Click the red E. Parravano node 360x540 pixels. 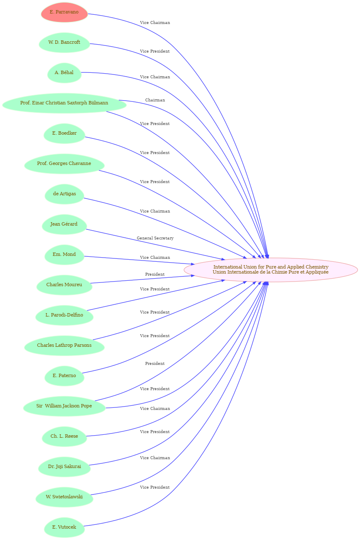click(64, 12)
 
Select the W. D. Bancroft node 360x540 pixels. click(64, 43)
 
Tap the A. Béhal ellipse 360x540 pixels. click(64, 73)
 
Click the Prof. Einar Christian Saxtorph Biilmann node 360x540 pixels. click(64, 103)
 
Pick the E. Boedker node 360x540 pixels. click(64, 133)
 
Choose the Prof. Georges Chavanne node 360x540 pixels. click(64, 164)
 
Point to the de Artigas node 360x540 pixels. click(64, 194)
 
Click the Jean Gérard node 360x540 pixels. click(64, 224)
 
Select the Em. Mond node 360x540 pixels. click(64, 255)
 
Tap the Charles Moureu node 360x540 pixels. click(64, 285)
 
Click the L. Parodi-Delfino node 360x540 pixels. click(64, 315)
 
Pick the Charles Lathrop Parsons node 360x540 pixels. click(64, 346)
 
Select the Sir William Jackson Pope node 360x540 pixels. click(64, 406)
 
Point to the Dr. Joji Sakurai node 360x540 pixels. click(64, 467)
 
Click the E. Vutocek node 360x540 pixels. click(64, 527)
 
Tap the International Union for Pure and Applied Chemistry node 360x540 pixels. click(271, 270)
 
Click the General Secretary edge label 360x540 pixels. click(155, 238)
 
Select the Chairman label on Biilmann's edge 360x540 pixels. click(155, 100)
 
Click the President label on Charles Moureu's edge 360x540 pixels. click(155, 274)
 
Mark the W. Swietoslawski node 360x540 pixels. click(64, 497)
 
